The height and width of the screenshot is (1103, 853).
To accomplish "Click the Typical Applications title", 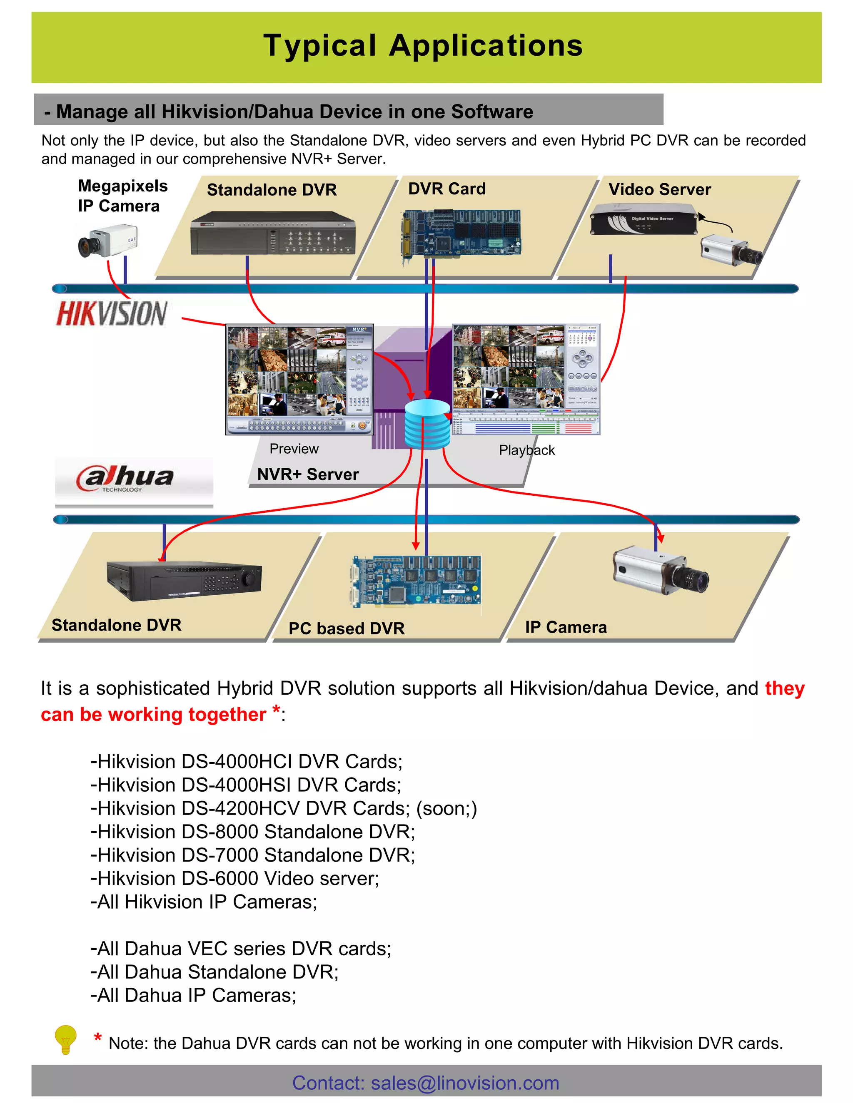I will click(423, 45).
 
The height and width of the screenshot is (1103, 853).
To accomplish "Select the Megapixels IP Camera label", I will click(122, 196).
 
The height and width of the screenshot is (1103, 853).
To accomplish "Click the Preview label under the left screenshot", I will click(294, 448).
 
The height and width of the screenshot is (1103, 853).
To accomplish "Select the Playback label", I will click(526, 450).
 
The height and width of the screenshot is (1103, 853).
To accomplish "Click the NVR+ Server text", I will click(308, 474).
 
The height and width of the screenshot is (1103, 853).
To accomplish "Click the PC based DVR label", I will click(347, 628).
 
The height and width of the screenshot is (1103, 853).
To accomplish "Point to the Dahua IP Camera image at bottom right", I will click(659, 571).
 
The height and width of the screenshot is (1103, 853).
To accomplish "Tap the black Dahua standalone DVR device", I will click(185, 581).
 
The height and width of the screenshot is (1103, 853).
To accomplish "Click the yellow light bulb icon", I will click(65, 1039).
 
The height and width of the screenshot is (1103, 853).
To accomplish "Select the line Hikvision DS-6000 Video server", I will click(235, 878).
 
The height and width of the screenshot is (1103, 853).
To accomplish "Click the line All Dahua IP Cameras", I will click(194, 995).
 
